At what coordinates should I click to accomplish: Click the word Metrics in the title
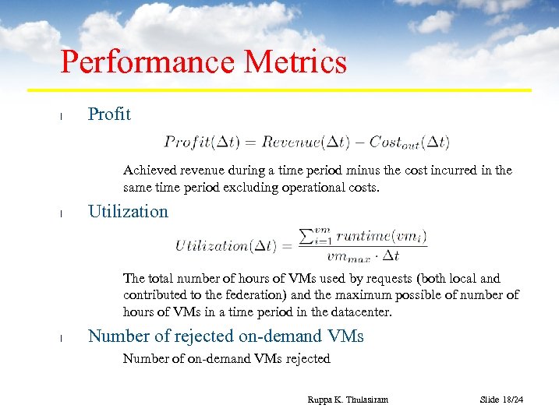[295, 62]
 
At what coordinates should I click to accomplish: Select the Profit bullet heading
[109, 114]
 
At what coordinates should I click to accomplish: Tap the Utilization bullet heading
[128, 212]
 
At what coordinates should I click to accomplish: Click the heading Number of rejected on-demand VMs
[225, 336]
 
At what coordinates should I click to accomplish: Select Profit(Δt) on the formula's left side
[202, 143]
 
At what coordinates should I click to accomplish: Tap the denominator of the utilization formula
[363, 255]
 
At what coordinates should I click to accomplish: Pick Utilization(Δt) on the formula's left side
[225, 246]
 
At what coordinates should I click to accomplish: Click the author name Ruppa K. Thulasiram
[347, 400]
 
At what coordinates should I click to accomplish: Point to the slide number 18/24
[501, 400]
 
